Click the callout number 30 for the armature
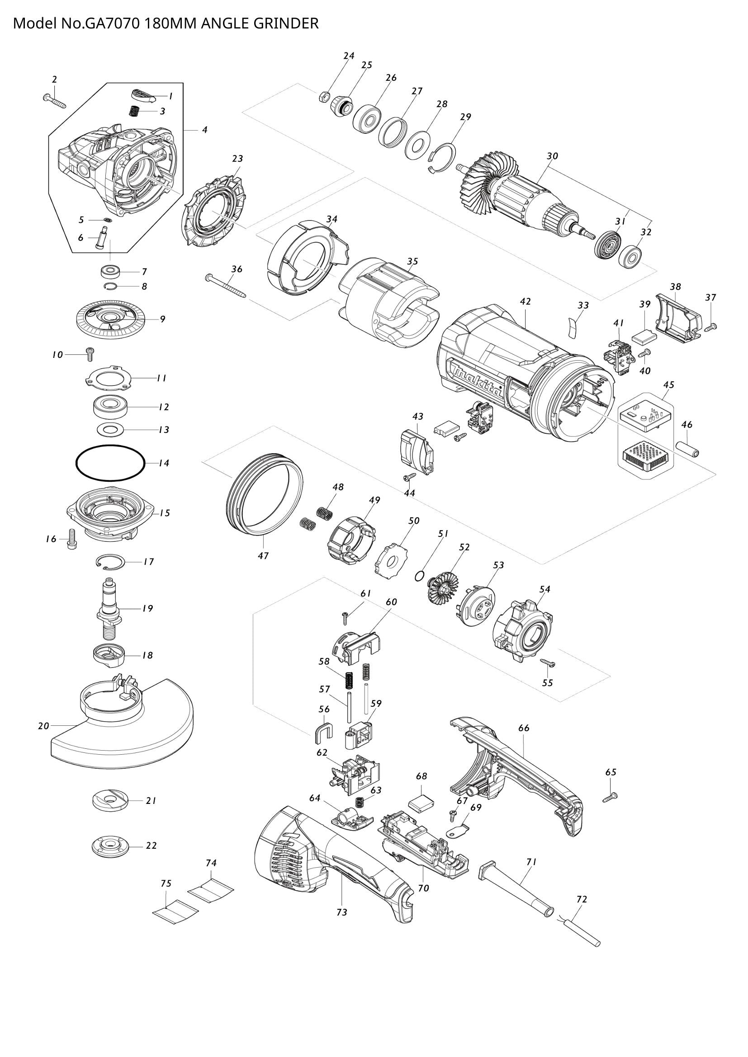(552, 156)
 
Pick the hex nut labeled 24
(324, 97)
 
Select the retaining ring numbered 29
(442, 158)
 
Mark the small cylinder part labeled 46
(687, 449)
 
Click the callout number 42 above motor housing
(525, 301)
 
